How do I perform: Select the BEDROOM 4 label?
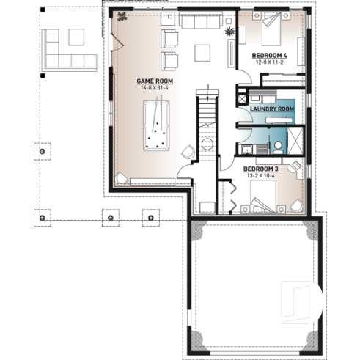pyautogui.click(x=269, y=56)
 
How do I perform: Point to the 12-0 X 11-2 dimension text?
pyautogui.click(x=269, y=62)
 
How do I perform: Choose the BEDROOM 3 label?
pyautogui.click(x=260, y=169)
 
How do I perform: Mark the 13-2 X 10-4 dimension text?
pyautogui.click(x=260, y=175)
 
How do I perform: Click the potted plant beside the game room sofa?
pyautogui.click(x=229, y=32)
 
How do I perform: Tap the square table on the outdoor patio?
pyautogui.click(x=76, y=35)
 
